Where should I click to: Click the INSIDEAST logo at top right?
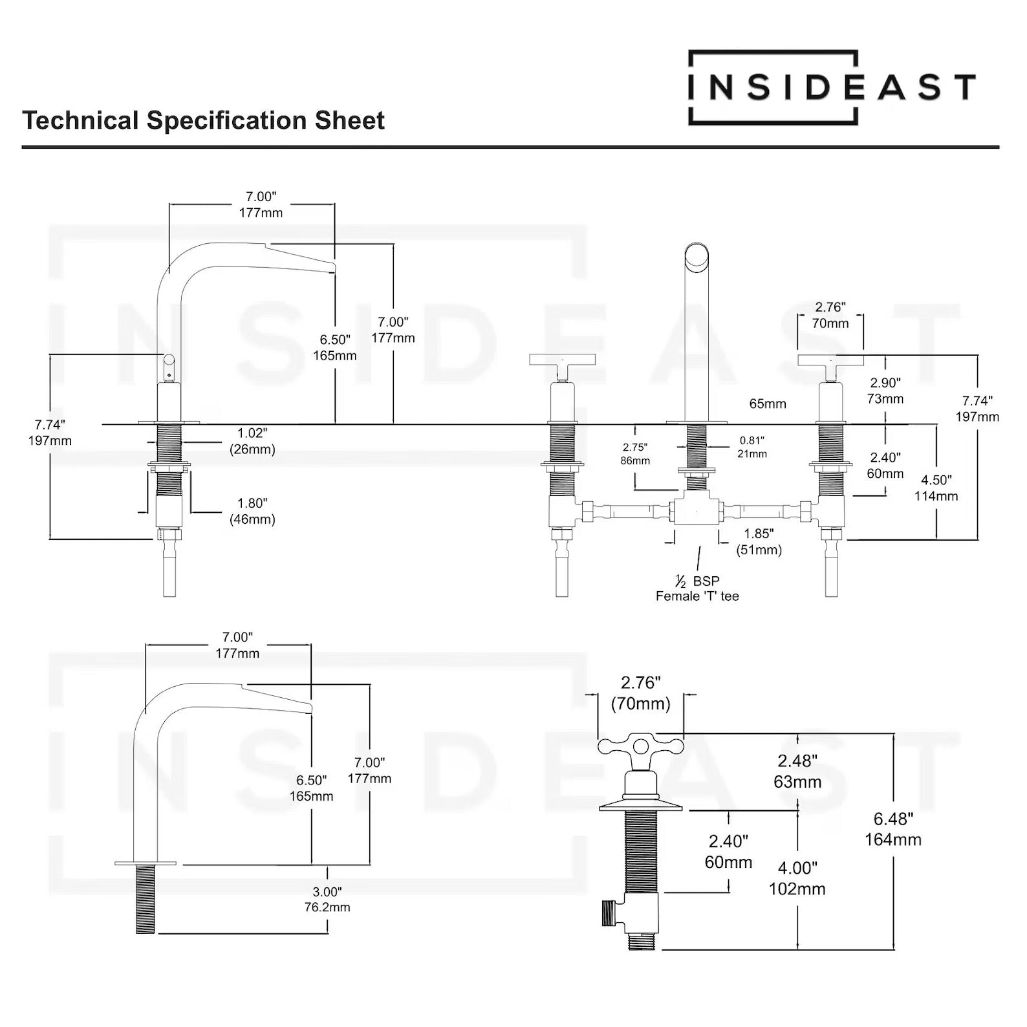click(x=831, y=87)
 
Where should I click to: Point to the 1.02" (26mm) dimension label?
click(x=252, y=441)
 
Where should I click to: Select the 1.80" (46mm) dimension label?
click(x=252, y=511)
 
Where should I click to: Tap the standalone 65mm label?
click(x=768, y=404)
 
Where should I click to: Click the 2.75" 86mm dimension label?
click(x=635, y=454)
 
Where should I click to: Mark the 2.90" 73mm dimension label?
click(x=885, y=391)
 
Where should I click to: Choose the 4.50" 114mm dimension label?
click(x=936, y=488)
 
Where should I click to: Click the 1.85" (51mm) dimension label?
click(x=759, y=542)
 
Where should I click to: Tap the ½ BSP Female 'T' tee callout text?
click(x=697, y=589)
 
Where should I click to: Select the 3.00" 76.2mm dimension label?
click(x=327, y=900)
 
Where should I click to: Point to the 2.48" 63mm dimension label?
click(x=797, y=771)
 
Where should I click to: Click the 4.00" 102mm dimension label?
click(x=797, y=878)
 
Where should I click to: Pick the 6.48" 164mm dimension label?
click(x=893, y=829)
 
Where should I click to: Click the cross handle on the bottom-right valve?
click(x=640, y=747)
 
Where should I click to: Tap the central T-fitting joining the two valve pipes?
click(x=696, y=508)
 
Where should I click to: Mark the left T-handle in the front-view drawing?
click(x=561, y=360)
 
